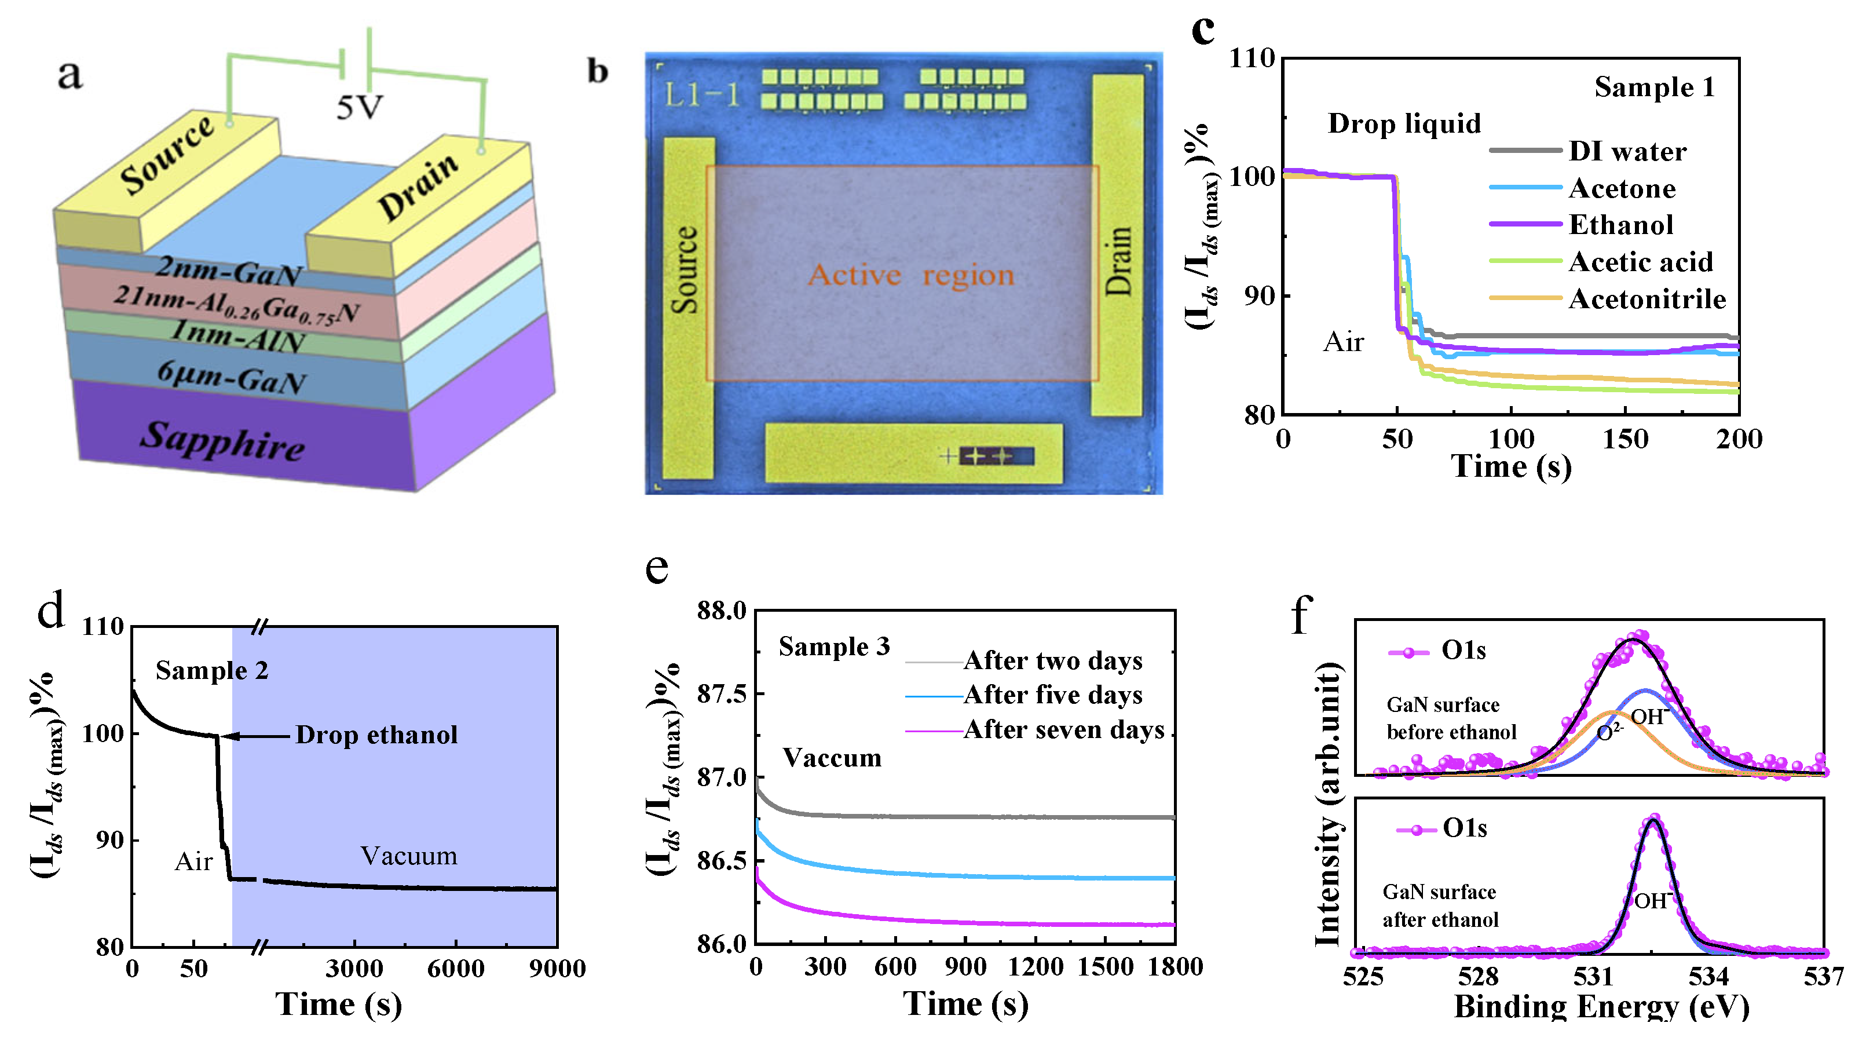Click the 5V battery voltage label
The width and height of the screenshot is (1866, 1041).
(359, 109)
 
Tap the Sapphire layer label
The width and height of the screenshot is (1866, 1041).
(222, 440)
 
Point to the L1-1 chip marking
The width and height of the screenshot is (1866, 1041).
(702, 95)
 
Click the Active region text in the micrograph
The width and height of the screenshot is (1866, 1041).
(910, 275)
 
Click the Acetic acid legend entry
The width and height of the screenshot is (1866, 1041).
(1640, 261)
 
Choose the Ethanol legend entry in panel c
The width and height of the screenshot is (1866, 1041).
(1620, 225)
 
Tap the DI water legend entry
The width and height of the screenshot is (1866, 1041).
(1627, 151)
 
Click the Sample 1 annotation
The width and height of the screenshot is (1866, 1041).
(1654, 87)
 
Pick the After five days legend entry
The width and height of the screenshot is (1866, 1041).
(1052, 695)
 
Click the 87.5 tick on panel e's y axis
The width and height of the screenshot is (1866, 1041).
(721, 694)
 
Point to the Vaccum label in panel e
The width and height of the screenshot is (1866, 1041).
(832, 758)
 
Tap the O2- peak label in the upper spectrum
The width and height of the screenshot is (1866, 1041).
(1609, 732)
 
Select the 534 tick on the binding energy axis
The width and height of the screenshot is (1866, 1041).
(1708, 977)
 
